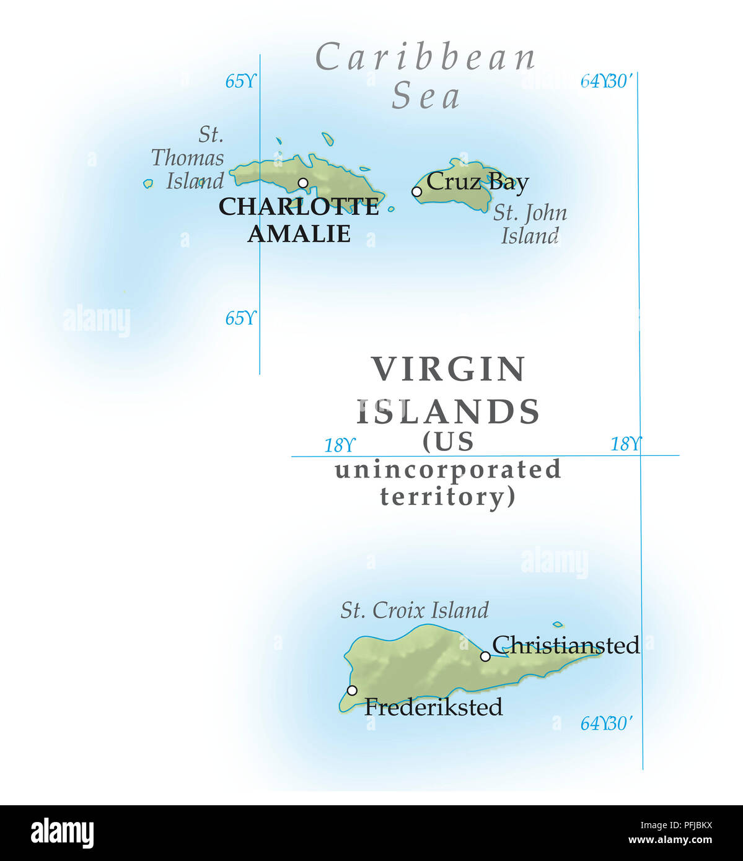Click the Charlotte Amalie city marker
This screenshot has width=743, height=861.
point(303,183)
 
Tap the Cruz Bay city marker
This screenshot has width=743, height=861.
point(416,191)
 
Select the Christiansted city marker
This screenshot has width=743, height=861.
point(485,656)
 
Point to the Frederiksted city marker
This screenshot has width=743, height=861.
point(352,690)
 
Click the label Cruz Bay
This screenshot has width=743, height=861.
point(477,181)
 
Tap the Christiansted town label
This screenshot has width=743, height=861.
point(566,645)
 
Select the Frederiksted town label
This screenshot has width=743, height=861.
point(433,707)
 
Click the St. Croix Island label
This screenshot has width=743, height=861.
point(415,610)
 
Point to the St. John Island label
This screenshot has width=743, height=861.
point(530,224)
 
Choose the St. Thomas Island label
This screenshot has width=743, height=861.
point(188,158)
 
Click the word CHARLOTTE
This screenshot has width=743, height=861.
point(299,207)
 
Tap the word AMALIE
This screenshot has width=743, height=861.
point(299,234)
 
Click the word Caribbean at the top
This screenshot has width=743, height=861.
point(426,58)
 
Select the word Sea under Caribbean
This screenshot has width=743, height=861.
point(426,97)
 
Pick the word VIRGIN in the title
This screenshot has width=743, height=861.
point(449,369)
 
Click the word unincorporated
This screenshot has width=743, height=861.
point(448,470)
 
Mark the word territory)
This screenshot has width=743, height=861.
point(447,496)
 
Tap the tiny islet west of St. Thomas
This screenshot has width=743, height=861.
point(147,183)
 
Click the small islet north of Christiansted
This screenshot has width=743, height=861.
point(558,624)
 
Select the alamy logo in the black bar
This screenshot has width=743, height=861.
point(62,833)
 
